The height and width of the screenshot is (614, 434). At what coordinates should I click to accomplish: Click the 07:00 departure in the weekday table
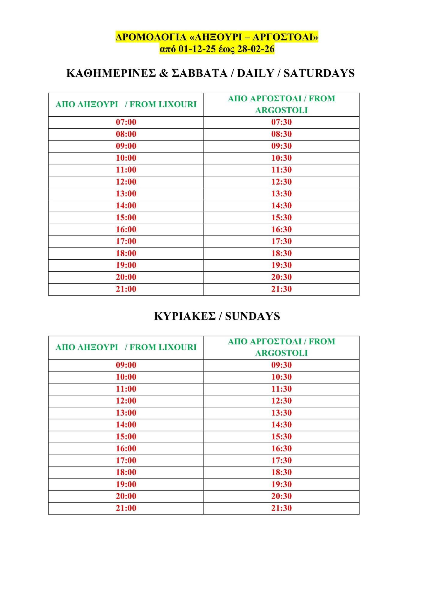(x=126, y=122)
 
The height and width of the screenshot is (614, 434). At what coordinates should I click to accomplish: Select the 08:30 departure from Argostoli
(x=281, y=134)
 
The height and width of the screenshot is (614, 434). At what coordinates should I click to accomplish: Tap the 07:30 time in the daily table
(x=281, y=122)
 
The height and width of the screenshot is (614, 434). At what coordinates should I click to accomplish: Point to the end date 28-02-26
(x=256, y=49)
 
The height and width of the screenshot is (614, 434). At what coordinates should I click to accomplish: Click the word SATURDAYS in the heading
(x=319, y=73)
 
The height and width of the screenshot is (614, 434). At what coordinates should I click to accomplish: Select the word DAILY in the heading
(x=256, y=73)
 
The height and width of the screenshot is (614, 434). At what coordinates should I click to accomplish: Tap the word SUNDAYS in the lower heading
(x=252, y=316)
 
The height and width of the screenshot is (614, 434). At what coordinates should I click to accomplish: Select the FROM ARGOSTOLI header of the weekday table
(x=281, y=104)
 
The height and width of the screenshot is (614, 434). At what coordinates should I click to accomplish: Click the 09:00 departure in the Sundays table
(x=126, y=365)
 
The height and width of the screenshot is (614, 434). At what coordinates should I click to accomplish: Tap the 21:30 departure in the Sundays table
(x=281, y=508)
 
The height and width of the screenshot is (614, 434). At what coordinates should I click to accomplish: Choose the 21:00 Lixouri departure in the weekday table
(x=126, y=289)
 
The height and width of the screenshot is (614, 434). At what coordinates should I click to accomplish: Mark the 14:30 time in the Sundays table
(x=281, y=425)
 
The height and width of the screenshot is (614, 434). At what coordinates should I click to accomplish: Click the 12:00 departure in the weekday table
(x=126, y=182)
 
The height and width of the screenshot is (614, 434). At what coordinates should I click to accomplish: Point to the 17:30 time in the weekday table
(x=281, y=241)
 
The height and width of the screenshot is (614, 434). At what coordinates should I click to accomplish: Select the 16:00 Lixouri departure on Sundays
(x=126, y=449)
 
